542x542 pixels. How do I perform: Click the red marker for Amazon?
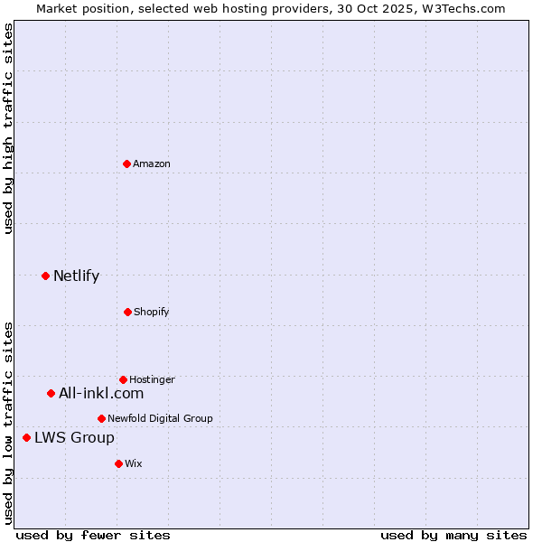pyautogui.click(x=127, y=164)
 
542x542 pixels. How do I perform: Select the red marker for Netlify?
pyautogui.click(x=45, y=276)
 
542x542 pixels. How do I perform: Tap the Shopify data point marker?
pyautogui.click(x=127, y=312)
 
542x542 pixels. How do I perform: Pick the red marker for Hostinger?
pyautogui.click(x=123, y=379)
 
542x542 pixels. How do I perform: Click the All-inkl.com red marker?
pyautogui.click(x=51, y=393)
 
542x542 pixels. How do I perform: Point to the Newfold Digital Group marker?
pyautogui.click(x=101, y=418)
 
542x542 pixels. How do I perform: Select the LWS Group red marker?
pyautogui.click(x=26, y=437)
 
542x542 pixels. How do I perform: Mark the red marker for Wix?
pyautogui.click(x=118, y=463)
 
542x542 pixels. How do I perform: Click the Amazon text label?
pyautogui.click(x=152, y=164)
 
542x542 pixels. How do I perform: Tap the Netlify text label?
pyautogui.click(x=76, y=276)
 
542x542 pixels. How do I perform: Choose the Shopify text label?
pyautogui.click(x=152, y=312)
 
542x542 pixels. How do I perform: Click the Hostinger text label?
pyautogui.click(x=152, y=379)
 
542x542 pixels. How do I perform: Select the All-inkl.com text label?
pyautogui.click(x=101, y=393)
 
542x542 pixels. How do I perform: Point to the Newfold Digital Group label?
pyautogui.click(x=160, y=418)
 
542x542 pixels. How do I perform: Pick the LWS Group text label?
pyautogui.click(x=74, y=437)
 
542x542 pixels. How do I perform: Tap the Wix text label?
pyautogui.click(x=134, y=463)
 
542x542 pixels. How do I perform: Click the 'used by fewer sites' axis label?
pyautogui.click(x=93, y=535)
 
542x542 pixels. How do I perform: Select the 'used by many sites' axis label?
pyautogui.click(x=453, y=535)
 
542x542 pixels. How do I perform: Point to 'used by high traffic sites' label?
pyautogui.click(x=8, y=128)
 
